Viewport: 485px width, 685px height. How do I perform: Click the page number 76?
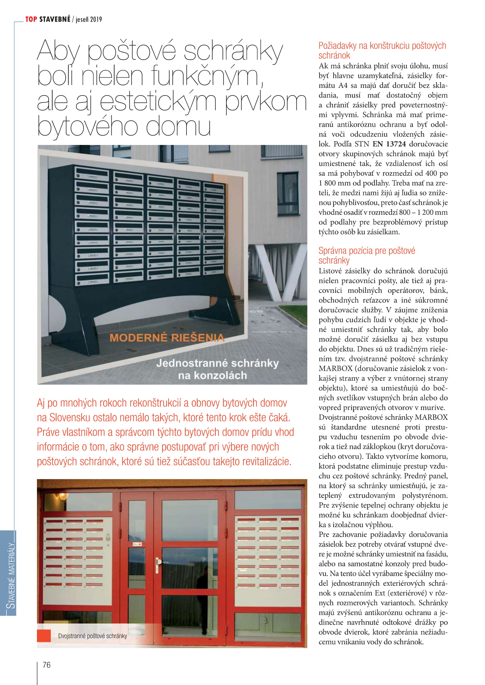click(47, 665)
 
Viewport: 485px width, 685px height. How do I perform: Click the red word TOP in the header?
click(31, 19)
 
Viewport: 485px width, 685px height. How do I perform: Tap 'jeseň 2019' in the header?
click(89, 20)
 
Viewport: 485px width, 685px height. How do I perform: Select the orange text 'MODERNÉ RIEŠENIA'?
click(167, 337)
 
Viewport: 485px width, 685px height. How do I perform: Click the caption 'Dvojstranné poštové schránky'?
click(93, 636)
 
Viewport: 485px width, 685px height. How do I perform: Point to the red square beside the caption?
click(44, 636)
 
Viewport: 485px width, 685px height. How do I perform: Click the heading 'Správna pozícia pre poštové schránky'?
click(367, 255)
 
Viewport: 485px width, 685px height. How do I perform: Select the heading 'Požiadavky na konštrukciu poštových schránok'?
click(382, 50)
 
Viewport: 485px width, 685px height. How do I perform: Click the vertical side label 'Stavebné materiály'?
click(11, 575)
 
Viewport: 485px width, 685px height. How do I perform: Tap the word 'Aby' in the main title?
click(58, 51)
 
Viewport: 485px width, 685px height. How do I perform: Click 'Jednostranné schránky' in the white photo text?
click(217, 363)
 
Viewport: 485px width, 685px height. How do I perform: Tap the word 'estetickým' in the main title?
click(158, 101)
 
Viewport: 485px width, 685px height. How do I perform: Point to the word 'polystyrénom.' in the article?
click(424, 496)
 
